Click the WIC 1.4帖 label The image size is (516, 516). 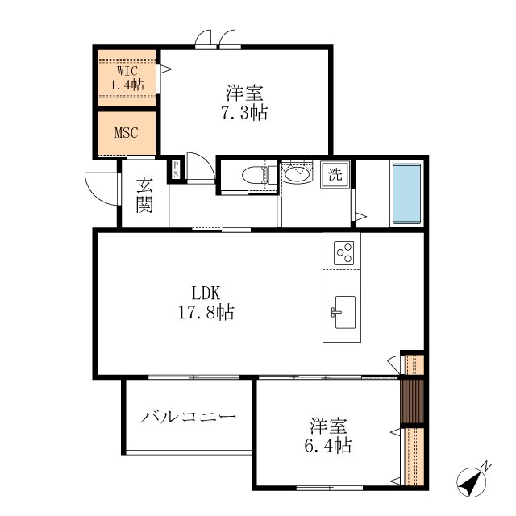pos(127,78)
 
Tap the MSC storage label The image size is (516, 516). pos(126,132)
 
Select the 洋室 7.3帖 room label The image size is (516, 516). pos(244,102)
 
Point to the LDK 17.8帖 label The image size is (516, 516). pos(206,303)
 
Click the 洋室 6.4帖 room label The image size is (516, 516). pos(328,435)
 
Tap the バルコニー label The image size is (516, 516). pos(189,417)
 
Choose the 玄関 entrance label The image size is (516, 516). pos(144,194)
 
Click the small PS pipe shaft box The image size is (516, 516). pos(176,169)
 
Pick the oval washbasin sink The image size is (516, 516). pos(297,174)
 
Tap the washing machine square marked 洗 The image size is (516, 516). pos(335,174)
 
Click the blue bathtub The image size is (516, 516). pos(406,194)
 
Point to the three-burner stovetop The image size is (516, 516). pos(343,253)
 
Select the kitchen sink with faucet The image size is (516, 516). pos(343,312)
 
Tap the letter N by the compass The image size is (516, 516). pos(487,466)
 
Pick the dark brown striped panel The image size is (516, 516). pos(412,402)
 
